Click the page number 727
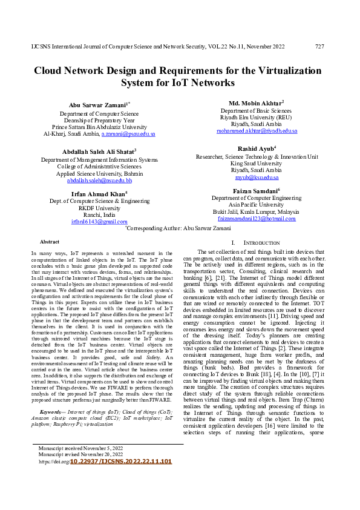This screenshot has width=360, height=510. pyautogui.click(x=319, y=46)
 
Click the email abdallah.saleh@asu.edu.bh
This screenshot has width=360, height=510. pyautogui.click(x=99, y=180)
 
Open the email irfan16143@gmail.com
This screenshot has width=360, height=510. pyautogui.click(x=99, y=222)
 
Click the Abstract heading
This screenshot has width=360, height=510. pyautogui.click(x=49, y=241)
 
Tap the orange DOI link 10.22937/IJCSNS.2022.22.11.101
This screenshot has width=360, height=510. pyautogui.click(x=121, y=462)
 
